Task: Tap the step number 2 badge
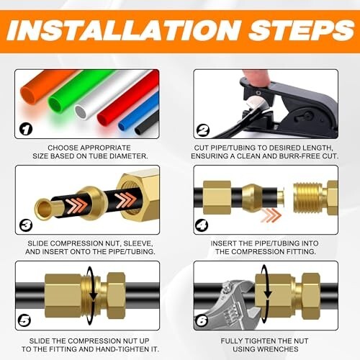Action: pos(203,130)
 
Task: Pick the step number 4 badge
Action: pos(203,225)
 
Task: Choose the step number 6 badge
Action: pos(203,320)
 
